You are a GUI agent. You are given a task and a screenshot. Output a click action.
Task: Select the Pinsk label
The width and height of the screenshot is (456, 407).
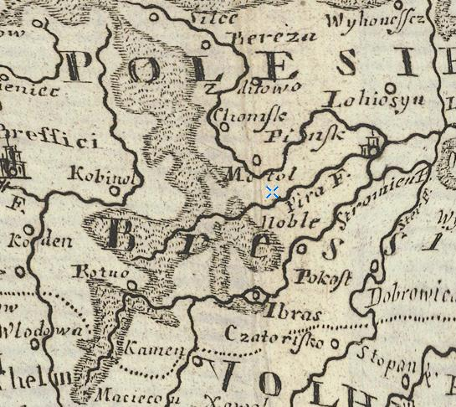(x=290, y=133)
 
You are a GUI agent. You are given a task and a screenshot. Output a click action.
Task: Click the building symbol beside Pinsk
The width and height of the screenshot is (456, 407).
(x=369, y=146)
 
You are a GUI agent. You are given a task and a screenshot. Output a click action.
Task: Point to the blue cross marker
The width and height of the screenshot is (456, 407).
(x=272, y=193)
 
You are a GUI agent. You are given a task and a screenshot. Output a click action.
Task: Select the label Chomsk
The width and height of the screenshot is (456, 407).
(x=240, y=116)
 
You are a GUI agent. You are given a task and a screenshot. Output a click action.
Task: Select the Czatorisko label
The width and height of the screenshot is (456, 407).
(x=274, y=333)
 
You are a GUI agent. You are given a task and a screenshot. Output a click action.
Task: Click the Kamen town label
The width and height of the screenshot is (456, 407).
(x=155, y=348)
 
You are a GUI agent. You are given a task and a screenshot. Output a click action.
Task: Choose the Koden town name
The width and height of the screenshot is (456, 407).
(x=32, y=242)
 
